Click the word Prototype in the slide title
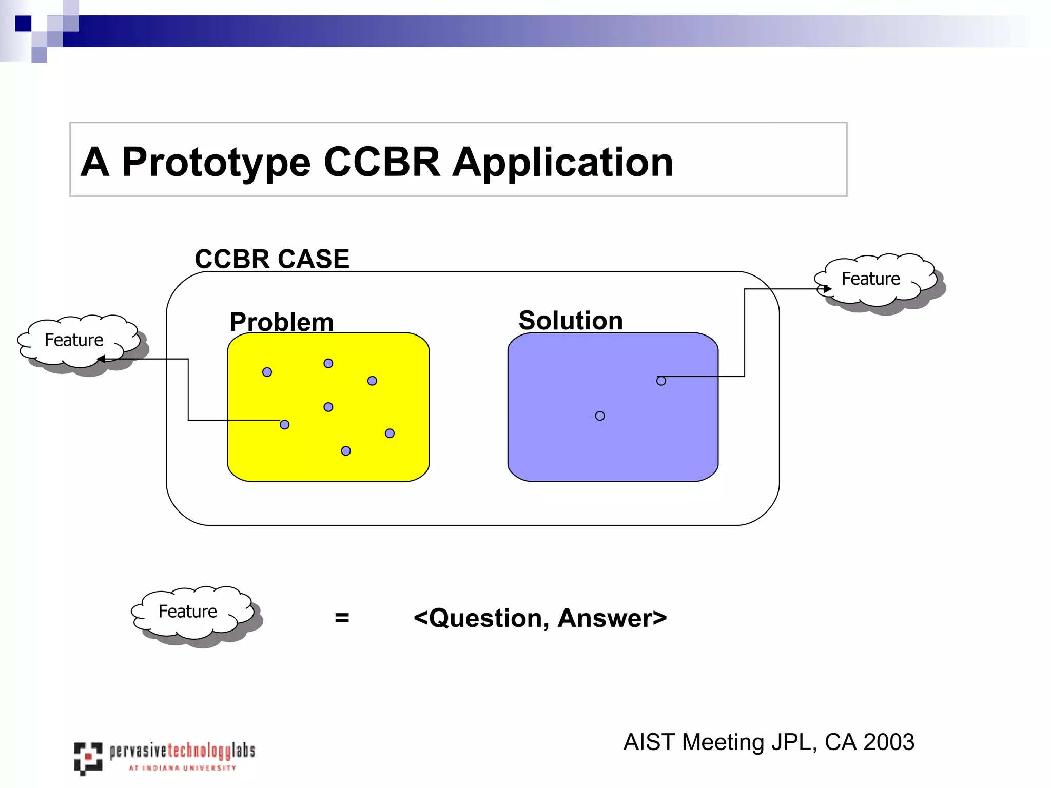point(216,163)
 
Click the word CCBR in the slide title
point(382,162)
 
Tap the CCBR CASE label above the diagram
point(272,259)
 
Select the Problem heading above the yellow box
point(282,322)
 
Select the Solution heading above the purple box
point(571,320)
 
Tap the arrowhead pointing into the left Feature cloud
point(101,359)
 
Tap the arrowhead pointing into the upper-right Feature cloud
point(827,289)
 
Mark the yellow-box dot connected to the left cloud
point(285,424)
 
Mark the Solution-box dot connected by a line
point(661,381)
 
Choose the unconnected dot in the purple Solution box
point(600,416)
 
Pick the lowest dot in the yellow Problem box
point(346,451)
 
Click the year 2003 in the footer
point(888,742)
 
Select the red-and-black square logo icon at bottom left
point(88,757)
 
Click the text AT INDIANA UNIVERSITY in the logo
point(182,768)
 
